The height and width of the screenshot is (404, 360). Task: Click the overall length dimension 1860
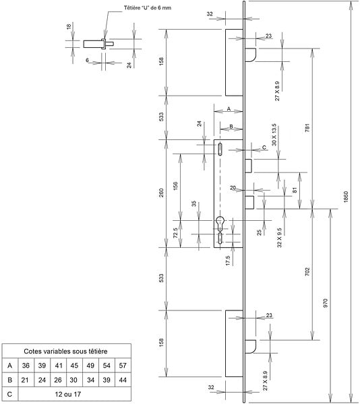[x=346, y=197]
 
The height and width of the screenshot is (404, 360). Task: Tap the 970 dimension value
[x=325, y=303]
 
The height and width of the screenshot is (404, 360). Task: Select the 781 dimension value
[x=307, y=128]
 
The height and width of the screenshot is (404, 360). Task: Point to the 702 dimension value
[x=307, y=271]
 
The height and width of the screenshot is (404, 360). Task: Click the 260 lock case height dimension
[x=161, y=193]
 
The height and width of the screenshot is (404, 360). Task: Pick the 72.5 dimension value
[x=175, y=233]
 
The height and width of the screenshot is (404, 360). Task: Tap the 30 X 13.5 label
[x=274, y=135]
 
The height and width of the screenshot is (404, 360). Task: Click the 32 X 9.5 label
[x=279, y=238]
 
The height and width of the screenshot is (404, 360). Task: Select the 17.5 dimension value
[x=228, y=261]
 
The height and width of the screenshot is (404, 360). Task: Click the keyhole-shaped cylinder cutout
[x=220, y=224]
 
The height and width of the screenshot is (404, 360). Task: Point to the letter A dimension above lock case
[x=229, y=109]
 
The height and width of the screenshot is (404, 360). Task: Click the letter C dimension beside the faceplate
[x=264, y=147]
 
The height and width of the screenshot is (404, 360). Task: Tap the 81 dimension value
[x=295, y=190]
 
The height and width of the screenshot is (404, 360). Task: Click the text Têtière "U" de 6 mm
[x=148, y=7]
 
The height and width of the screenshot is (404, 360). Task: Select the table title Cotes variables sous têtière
[x=65, y=351]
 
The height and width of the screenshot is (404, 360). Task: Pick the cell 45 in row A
[x=74, y=366]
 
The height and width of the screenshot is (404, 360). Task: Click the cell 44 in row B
[x=123, y=380]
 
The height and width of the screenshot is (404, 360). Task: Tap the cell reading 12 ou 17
[x=68, y=394]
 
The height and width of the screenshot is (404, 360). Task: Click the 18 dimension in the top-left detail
[x=69, y=26]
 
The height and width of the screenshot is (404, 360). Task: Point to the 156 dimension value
[x=175, y=186]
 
